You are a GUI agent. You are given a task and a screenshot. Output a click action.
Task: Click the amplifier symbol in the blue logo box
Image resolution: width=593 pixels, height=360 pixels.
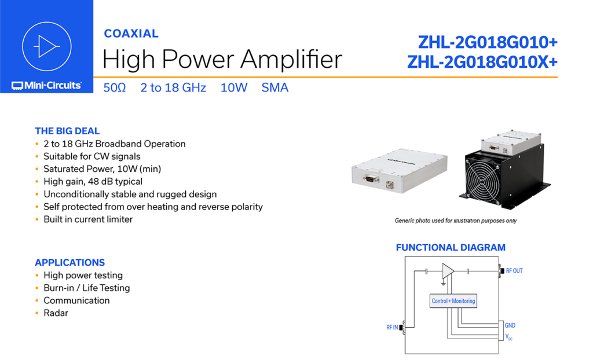[x=47, y=46]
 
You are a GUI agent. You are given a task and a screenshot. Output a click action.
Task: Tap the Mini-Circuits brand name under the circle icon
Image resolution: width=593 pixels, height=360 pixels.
[x=46, y=86]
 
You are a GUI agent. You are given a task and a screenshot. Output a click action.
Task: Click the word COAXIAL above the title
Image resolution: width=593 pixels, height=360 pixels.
[x=131, y=34]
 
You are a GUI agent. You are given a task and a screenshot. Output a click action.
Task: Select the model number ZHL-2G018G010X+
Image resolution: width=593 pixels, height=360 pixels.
[x=482, y=62]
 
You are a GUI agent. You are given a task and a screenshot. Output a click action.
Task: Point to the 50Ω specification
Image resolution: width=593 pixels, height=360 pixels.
[x=115, y=88]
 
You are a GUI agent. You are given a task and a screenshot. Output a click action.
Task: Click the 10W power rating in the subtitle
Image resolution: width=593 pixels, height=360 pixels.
[x=234, y=88]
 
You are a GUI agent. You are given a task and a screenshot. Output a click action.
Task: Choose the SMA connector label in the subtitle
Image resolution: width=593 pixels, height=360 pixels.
[x=275, y=88]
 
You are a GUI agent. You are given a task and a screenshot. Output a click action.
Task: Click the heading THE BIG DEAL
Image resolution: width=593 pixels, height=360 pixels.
[x=67, y=131]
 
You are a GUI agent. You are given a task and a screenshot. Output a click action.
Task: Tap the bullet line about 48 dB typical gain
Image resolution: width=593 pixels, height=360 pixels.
[x=93, y=182]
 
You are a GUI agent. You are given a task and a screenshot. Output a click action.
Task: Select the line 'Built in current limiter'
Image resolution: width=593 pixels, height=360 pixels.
[x=88, y=219]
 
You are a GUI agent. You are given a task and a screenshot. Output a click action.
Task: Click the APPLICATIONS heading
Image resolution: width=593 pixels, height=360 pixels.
[x=70, y=262]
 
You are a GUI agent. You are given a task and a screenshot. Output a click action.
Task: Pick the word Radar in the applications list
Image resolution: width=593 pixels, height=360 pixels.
[x=56, y=313]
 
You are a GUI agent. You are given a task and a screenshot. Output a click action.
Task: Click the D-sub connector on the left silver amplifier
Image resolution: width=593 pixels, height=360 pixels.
[x=371, y=178]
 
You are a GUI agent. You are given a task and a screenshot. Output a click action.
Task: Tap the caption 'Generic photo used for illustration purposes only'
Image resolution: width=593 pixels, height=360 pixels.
[x=456, y=221]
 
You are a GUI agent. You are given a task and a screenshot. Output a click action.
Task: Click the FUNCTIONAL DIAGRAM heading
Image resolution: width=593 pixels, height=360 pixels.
[x=451, y=247]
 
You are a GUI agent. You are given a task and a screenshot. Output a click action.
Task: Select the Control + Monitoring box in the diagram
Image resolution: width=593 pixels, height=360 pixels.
[x=453, y=301]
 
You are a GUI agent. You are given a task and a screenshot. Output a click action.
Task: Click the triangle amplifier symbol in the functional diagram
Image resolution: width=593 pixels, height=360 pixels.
[x=448, y=271]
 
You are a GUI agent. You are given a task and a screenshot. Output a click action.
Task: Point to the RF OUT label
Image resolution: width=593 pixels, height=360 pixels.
[x=514, y=271]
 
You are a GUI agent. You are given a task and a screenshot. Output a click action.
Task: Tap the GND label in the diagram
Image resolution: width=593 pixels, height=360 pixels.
[x=510, y=325]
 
